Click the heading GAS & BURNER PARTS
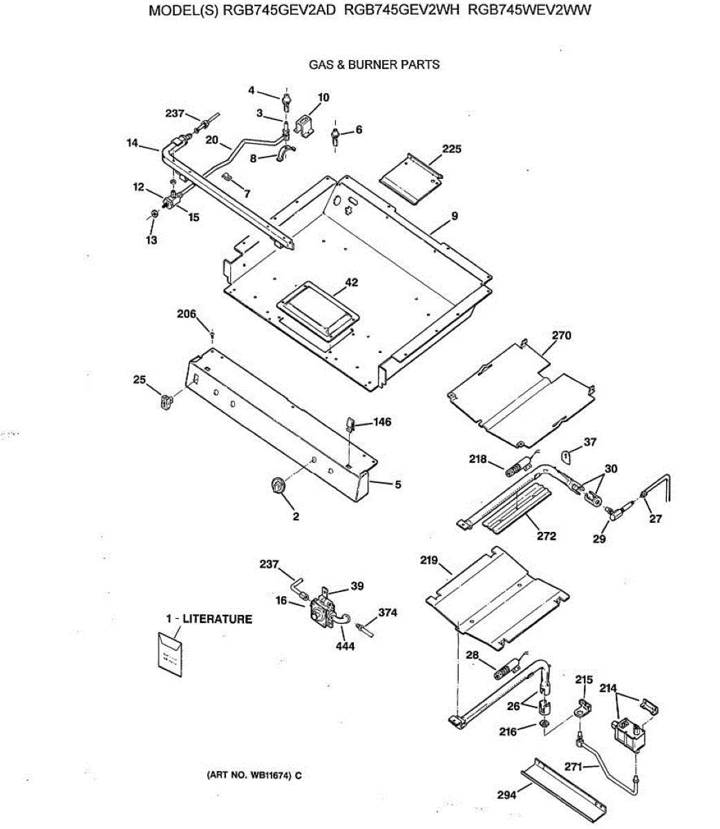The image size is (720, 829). pos(374,65)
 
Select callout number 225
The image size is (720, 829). pos(452,149)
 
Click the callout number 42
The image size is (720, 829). pos(352,283)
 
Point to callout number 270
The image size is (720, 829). pos(562,336)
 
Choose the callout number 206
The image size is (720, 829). pos(187,314)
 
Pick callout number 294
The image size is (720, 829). pos(506,795)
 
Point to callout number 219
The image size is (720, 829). pos(429,560)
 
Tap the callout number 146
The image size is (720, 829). pos(382,421)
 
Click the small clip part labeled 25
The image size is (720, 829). pos(164,401)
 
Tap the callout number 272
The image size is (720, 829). pos(546,536)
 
